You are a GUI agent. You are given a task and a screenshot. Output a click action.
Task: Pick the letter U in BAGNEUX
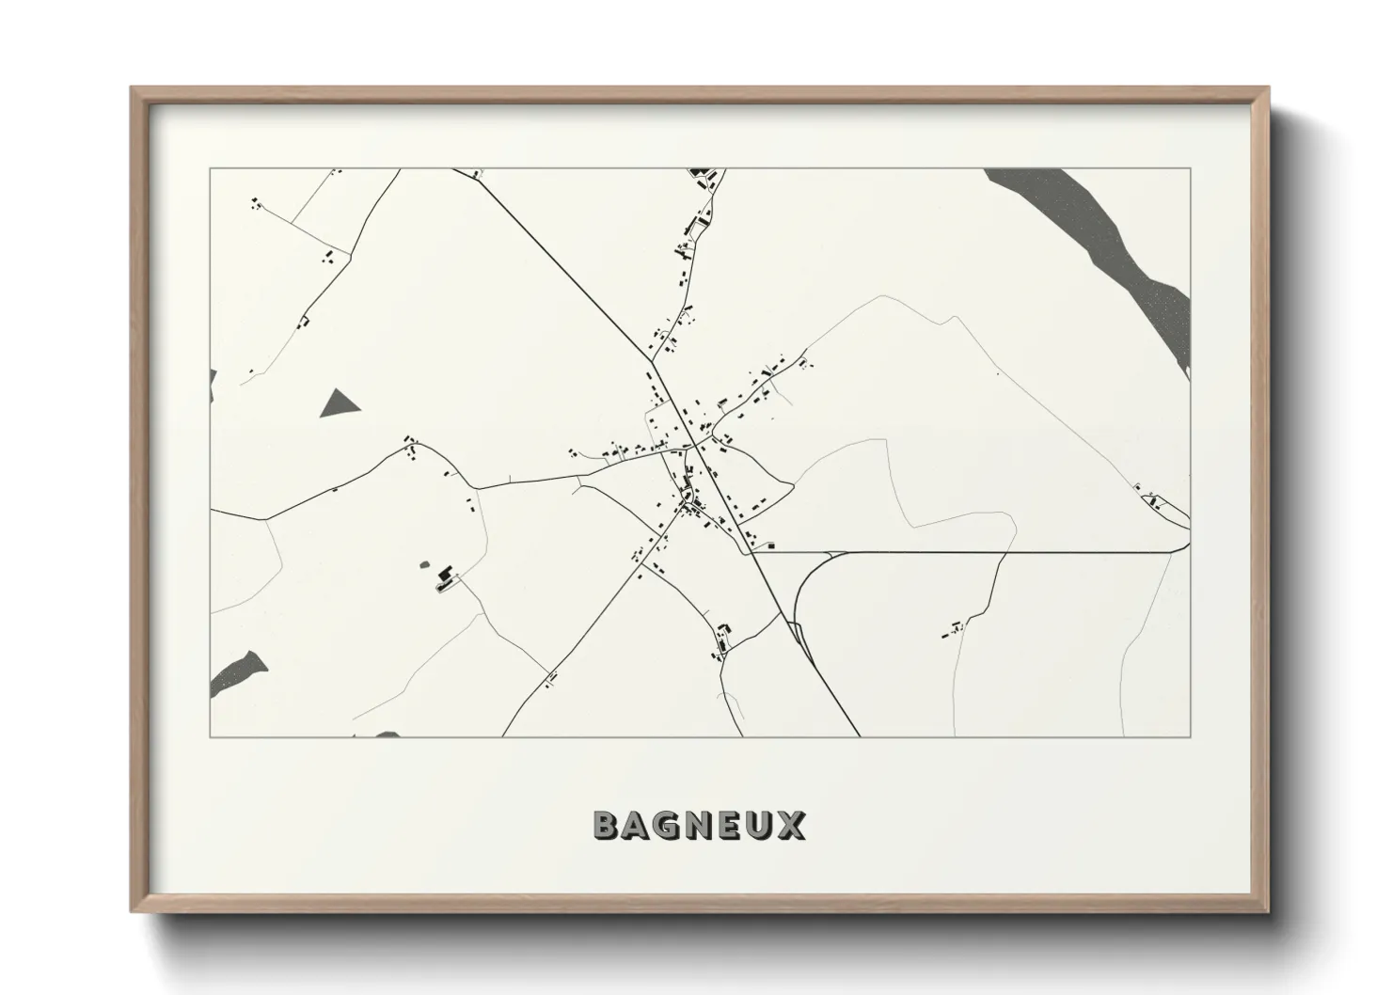759,825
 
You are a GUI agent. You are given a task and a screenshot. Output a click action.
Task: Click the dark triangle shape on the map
340,404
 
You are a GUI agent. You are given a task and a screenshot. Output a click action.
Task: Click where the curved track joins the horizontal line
832,553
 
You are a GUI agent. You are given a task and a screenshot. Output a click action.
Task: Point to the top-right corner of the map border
1190,168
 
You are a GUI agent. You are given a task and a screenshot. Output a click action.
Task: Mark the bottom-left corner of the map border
211,736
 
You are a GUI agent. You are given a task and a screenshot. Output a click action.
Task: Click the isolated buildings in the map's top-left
254,202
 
